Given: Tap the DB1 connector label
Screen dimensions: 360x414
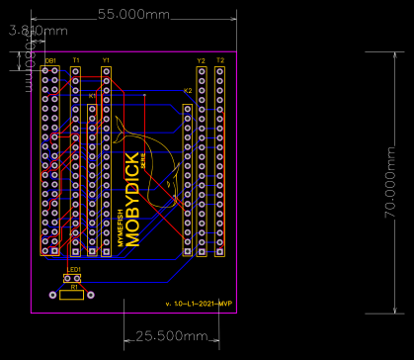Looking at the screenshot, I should coord(49,61).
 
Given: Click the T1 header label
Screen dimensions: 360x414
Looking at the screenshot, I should coord(75,61).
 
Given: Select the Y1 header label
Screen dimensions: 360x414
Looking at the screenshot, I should coord(106,61).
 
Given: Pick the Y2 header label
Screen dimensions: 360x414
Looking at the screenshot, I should coord(201,61).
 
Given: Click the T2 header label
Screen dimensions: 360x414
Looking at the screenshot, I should coord(219,61).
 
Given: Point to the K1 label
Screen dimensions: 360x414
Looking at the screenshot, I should coord(92,96).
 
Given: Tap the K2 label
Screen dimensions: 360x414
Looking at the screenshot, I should coord(188,91).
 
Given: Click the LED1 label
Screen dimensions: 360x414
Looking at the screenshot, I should coord(74,269).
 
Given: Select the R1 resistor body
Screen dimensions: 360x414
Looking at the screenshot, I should coord(71,294).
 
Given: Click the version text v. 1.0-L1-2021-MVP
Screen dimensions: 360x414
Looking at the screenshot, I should coord(199,303).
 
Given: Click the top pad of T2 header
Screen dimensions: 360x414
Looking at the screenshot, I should coord(219,71).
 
